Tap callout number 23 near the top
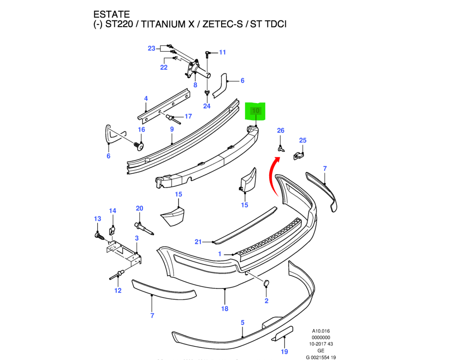[x=152, y=48]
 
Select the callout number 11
[x=223, y=52]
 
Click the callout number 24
[x=207, y=106]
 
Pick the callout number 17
[x=188, y=117]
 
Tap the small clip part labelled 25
[x=299, y=156]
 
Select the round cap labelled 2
[x=266, y=284]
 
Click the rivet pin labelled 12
[x=117, y=276]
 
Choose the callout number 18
[x=225, y=308]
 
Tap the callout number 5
[x=242, y=322]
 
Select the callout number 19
[x=285, y=351]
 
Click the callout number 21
[x=198, y=242]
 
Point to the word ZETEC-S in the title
[x=222, y=23]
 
